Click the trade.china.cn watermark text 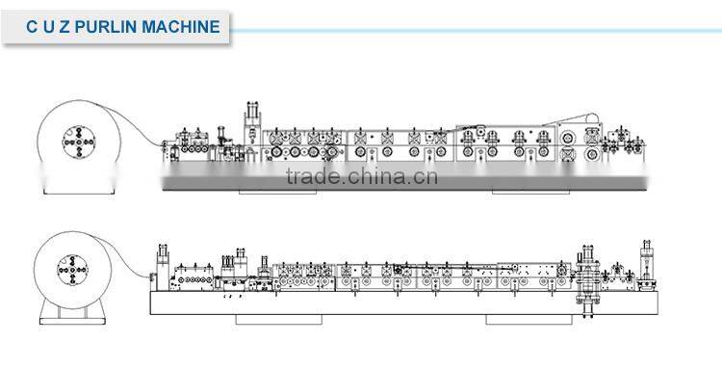coord(361,176)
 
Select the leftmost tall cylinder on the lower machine coord(161,262)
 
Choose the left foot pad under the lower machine coord(265,317)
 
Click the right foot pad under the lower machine coord(520,317)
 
